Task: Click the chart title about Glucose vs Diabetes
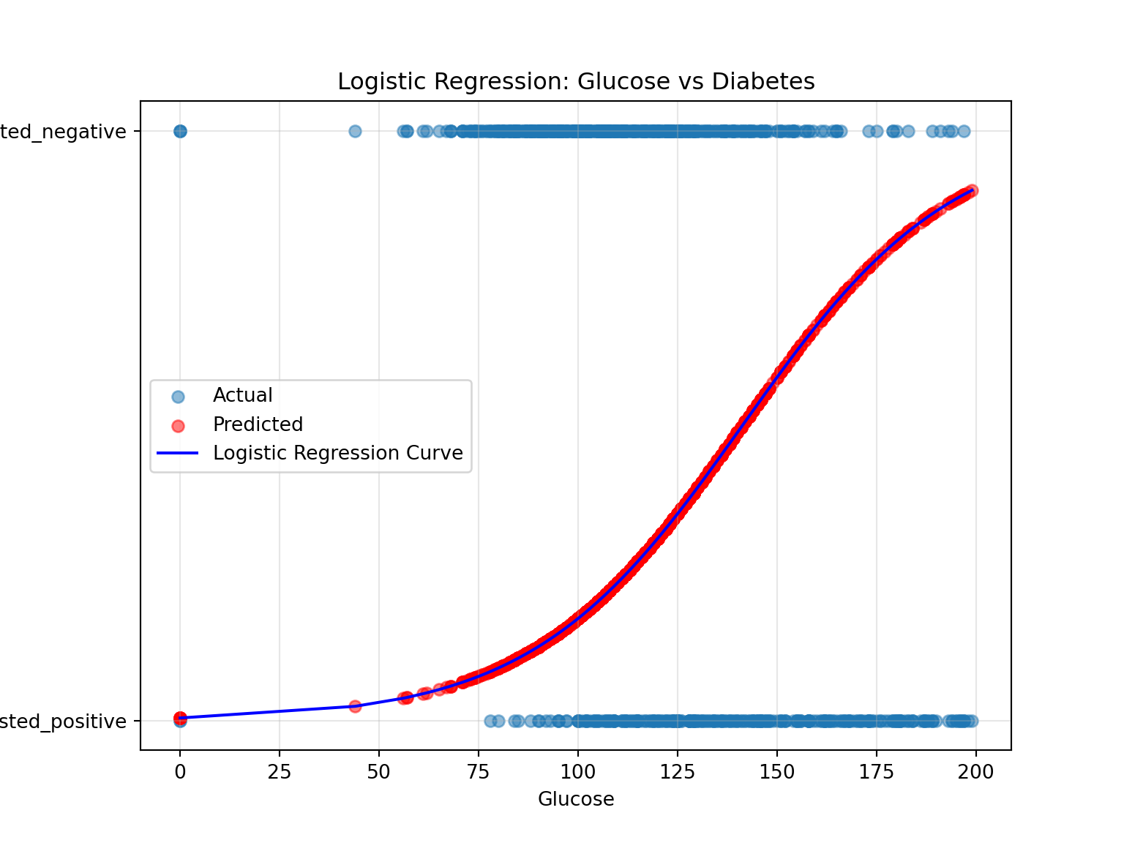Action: pyautogui.click(x=576, y=81)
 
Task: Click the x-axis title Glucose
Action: pyautogui.click(x=576, y=799)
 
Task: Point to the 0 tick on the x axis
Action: pyautogui.click(x=180, y=772)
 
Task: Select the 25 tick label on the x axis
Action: pyautogui.click(x=280, y=772)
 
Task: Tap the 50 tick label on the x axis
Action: pyautogui.click(x=379, y=772)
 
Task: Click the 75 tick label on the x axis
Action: pyautogui.click(x=479, y=772)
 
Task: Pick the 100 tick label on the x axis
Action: pyautogui.click(x=578, y=772)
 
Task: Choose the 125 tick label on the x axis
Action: pyautogui.click(x=678, y=772)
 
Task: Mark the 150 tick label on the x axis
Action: pyautogui.click(x=777, y=772)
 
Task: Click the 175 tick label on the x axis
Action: pyautogui.click(x=877, y=772)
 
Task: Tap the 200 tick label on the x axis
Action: pyautogui.click(x=976, y=772)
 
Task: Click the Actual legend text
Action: pyautogui.click(x=242, y=395)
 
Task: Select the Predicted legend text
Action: pyautogui.click(x=258, y=424)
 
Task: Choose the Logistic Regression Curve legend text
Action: pyautogui.click(x=337, y=453)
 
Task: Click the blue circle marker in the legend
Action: pyautogui.click(x=178, y=397)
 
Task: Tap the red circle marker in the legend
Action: pyautogui.click(x=178, y=425)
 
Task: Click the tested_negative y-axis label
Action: pyautogui.click(x=63, y=132)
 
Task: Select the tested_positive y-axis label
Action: pyautogui.click(x=63, y=722)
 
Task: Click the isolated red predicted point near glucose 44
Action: pyautogui.click(x=355, y=706)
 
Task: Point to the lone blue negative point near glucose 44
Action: pyautogui.click(x=355, y=132)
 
